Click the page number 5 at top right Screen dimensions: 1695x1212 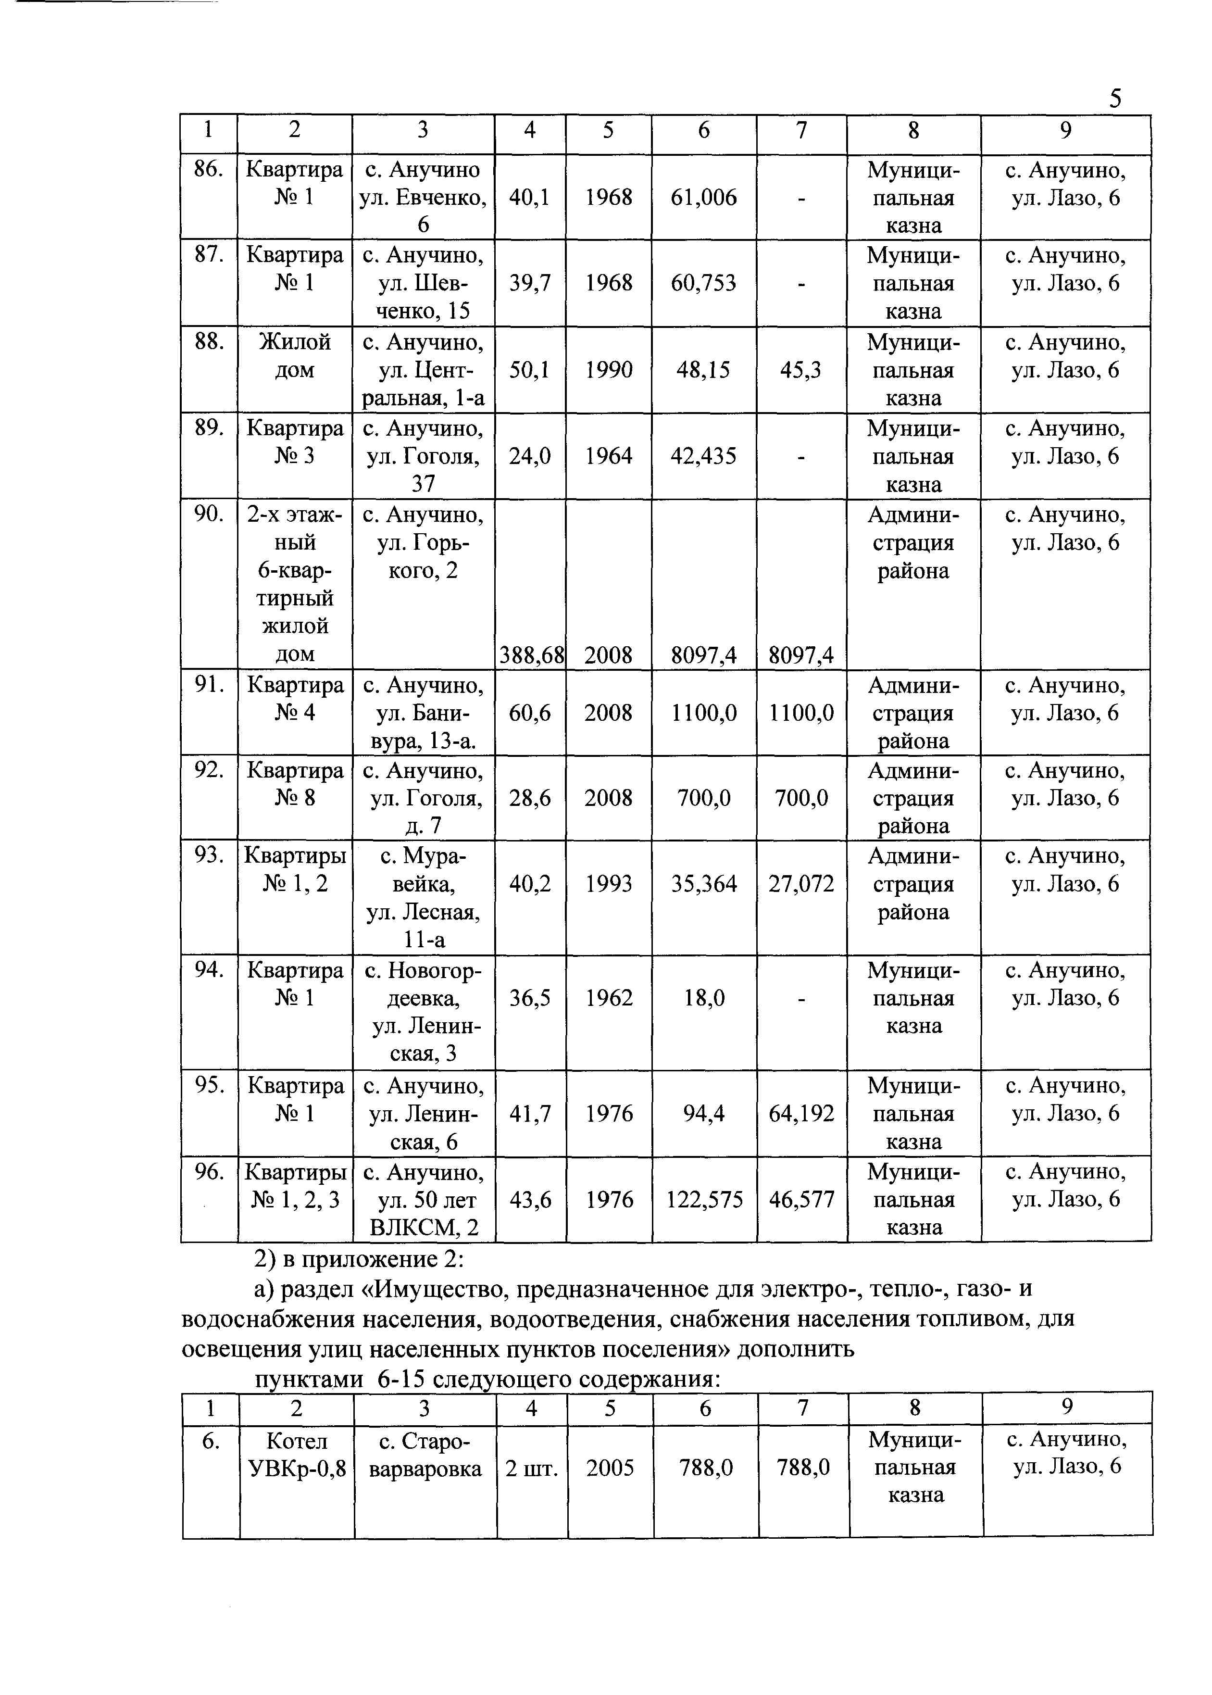pyautogui.click(x=1115, y=99)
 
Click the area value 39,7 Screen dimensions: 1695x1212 pyautogui.click(x=530, y=283)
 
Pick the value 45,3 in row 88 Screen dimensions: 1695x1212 pyautogui.click(x=801, y=369)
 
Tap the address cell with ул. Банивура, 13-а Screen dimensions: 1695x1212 pyautogui.click(x=423, y=713)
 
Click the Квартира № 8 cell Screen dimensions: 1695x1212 pyautogui.click(x=295, y=784)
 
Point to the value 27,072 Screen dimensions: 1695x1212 pyautogui.click(x=801, y=884)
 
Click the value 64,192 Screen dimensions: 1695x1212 pyautogui.click(x=801, y=1114)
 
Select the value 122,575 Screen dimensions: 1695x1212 pyautogui.click(x=704, y=1199)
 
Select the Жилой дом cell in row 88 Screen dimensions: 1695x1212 pyautogui.click(x=295, y=355)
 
